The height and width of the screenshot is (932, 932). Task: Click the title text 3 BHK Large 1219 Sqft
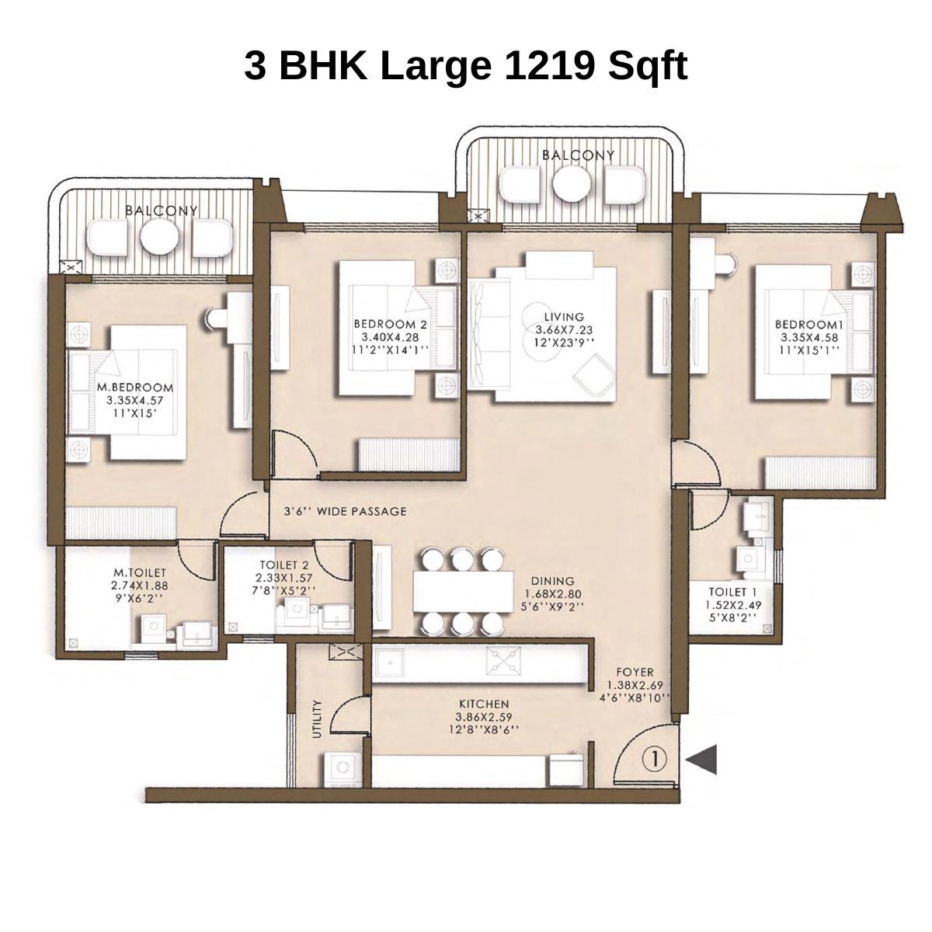click(465, 65)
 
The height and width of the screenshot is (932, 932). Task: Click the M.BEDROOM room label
click(135, 387)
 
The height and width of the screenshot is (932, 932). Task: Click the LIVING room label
click(563, 317)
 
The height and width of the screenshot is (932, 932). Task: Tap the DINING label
click(552, 581)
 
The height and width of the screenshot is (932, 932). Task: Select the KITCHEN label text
click(484, 704)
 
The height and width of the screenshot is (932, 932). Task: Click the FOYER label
click(635, 672)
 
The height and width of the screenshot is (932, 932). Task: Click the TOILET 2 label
click(284, 566)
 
